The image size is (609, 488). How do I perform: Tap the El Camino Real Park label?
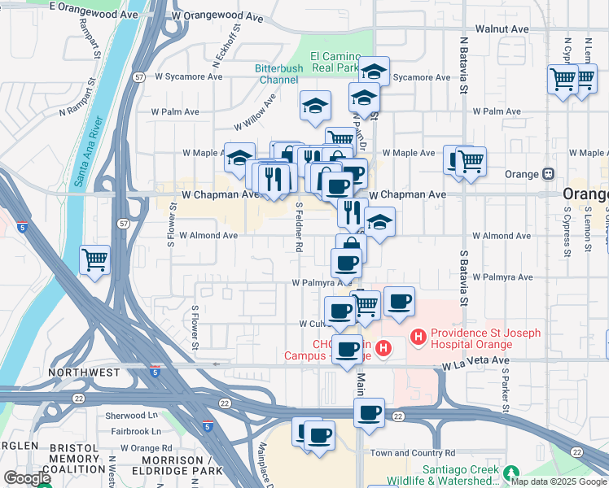(335, 62)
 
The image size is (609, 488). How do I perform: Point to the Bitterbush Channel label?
(278, 73)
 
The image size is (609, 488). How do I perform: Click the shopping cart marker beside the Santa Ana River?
(95, 261)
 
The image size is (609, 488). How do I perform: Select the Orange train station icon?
(548, 174)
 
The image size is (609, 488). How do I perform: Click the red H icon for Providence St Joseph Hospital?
(418, 335)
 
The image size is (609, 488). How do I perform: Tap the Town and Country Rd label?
(413, 452)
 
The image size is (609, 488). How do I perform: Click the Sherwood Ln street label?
(133, 415)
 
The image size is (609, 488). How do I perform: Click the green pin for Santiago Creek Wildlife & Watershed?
(510, 473)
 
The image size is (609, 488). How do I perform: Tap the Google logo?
(27, 479)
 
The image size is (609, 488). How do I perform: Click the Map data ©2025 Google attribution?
(558, 481)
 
